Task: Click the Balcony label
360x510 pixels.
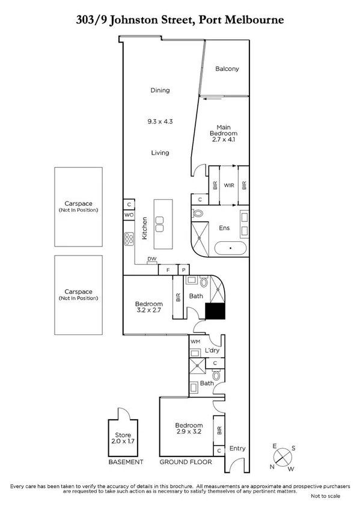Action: (x=227, y=69)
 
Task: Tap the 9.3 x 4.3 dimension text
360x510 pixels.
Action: (x=160, y=121)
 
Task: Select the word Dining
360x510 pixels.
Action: (x=160, y=90)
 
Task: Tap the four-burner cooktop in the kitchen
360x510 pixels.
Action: (x=129, y=239)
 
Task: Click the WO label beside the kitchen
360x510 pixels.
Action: (x=129, y=215)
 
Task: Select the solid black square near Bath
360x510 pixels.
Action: (x=215, y=311)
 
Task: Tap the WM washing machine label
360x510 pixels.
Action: (x=195, y=342)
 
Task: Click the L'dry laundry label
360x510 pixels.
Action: (x=212, y=351)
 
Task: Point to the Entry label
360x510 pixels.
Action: (x=237, y=448)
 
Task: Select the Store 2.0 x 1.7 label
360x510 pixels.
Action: (x=123, y=438)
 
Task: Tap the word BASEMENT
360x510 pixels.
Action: (x=126, y=462)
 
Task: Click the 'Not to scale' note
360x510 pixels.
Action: (x=325, y=496)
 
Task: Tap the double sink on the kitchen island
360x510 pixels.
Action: (x=160, y=224)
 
